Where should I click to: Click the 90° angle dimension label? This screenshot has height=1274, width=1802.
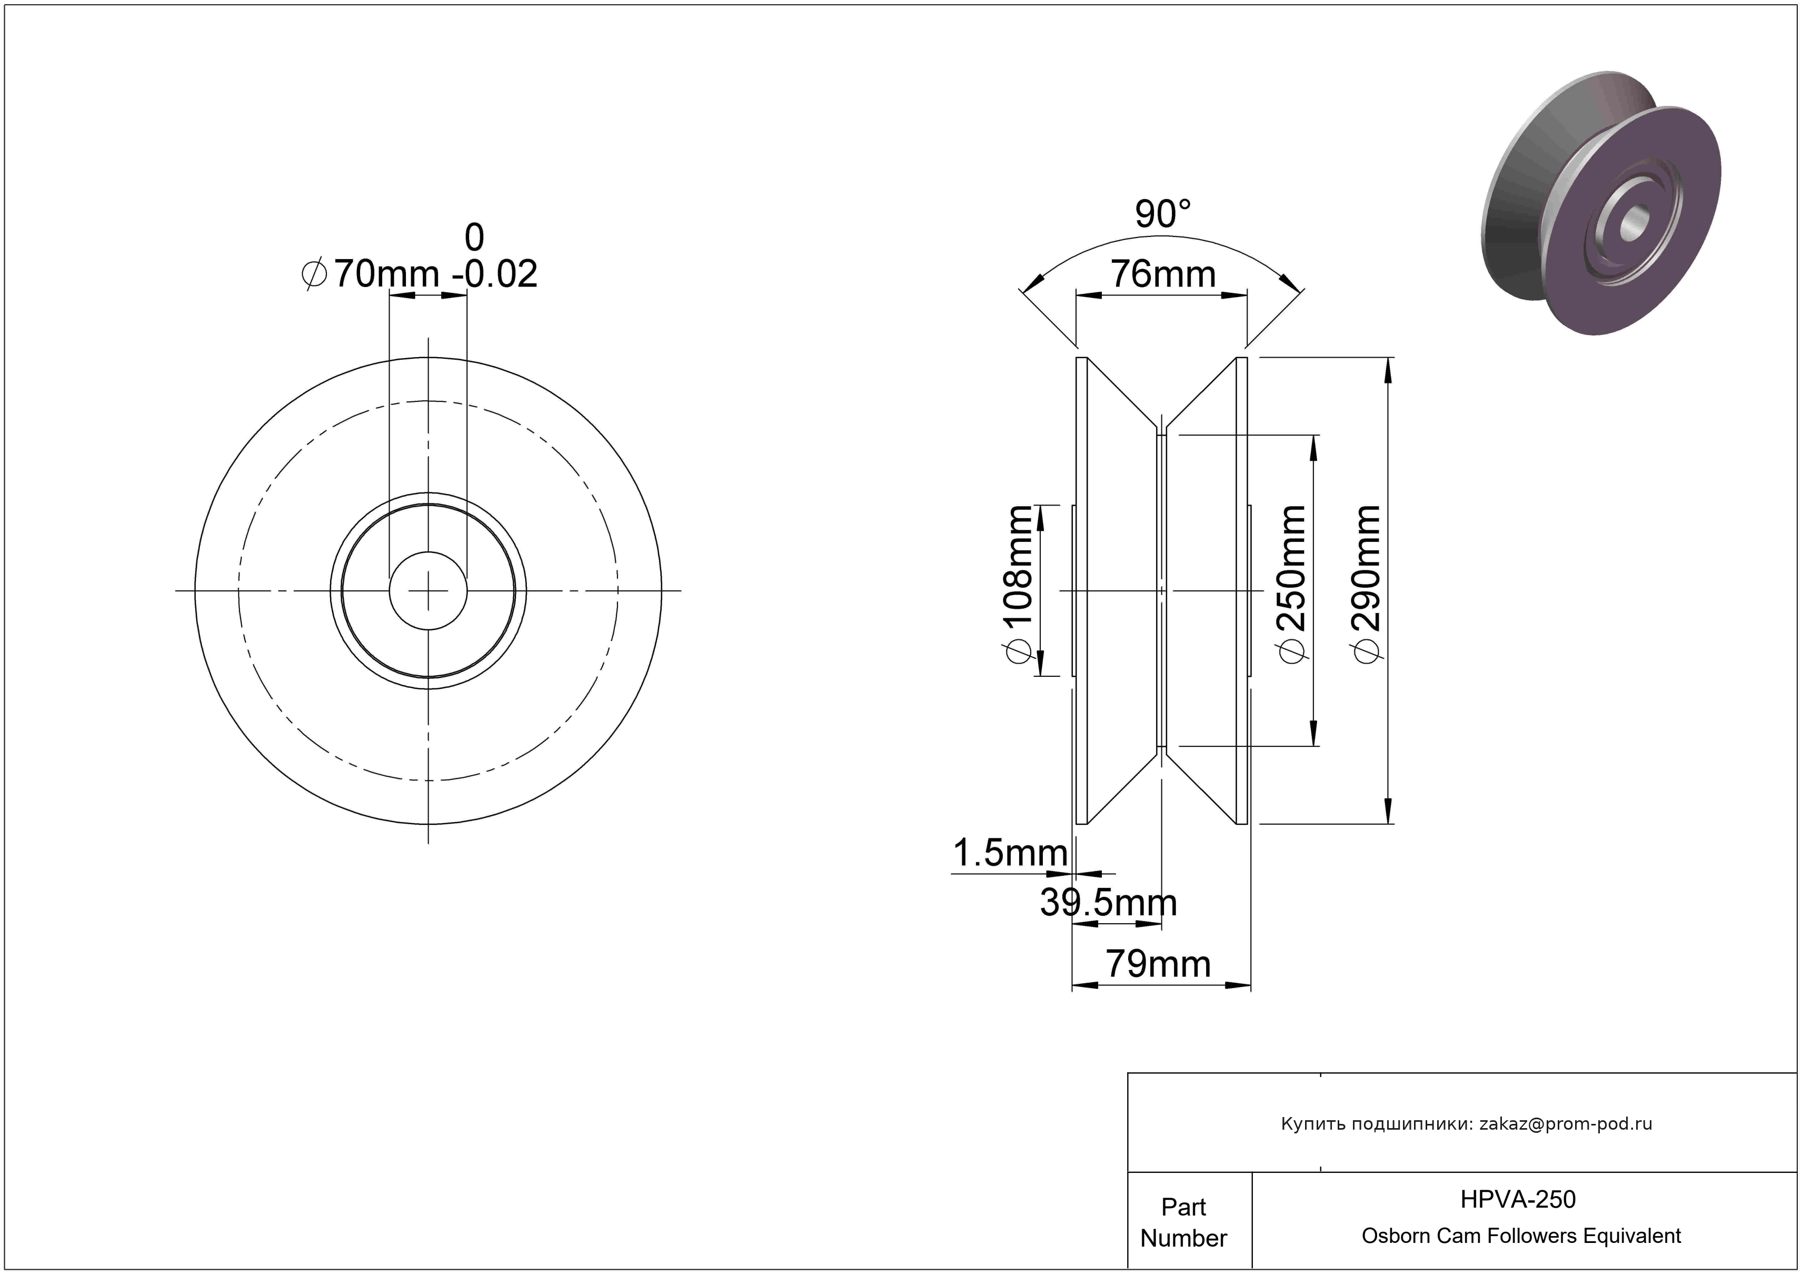tap(1162, 214)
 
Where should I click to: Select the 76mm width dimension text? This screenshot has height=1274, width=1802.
tap(1162, 274)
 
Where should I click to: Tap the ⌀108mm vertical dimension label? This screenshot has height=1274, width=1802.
tap(1019, 585)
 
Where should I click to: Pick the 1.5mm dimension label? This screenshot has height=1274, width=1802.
tap(1010, 853)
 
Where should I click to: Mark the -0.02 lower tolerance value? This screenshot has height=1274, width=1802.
tap(494, 274)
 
